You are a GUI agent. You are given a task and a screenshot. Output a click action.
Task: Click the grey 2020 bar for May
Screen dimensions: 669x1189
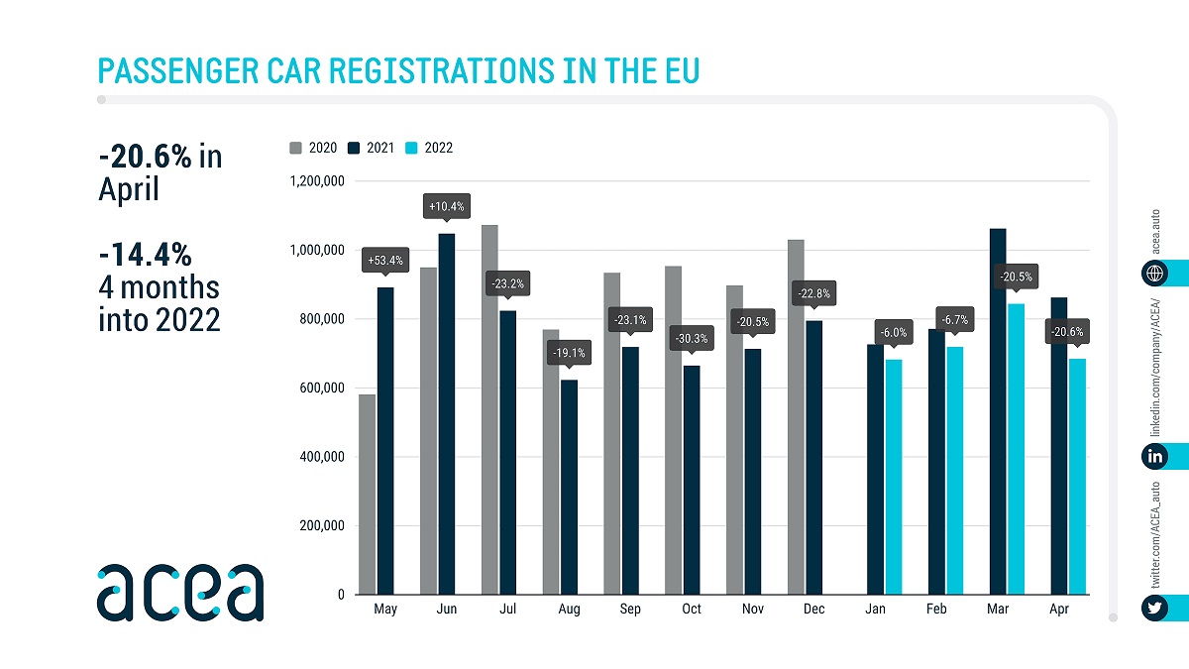tap(368, 495)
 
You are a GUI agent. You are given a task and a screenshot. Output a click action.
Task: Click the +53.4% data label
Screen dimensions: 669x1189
tap(385, 261)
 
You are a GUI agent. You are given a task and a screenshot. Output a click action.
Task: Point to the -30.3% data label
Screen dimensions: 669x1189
tap(692, 337)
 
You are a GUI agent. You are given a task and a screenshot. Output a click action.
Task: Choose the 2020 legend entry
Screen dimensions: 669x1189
tap(314, 148)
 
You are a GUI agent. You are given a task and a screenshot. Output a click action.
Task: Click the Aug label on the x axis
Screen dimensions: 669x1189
tap(569, 609)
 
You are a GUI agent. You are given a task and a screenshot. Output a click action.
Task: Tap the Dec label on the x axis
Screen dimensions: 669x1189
tap(814, 609)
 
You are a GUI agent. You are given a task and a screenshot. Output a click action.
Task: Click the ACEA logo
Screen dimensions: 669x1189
tap(180, 592)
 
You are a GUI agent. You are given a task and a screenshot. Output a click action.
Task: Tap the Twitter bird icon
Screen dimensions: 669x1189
tap(1154, 608)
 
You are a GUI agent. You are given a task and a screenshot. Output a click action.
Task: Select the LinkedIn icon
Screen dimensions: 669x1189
tap(1154, 456)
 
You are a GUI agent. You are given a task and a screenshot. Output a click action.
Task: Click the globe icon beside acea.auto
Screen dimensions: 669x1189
tap(1154, 273)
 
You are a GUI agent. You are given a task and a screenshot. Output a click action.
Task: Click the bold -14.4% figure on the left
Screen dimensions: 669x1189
tap(145, 255)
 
